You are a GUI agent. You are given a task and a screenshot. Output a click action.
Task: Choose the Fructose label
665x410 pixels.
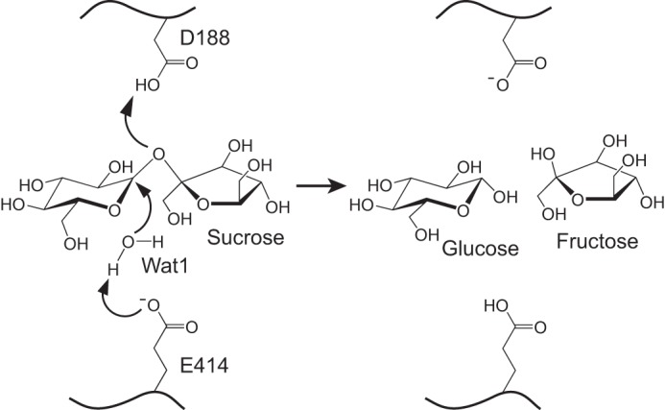click(596, 243)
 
